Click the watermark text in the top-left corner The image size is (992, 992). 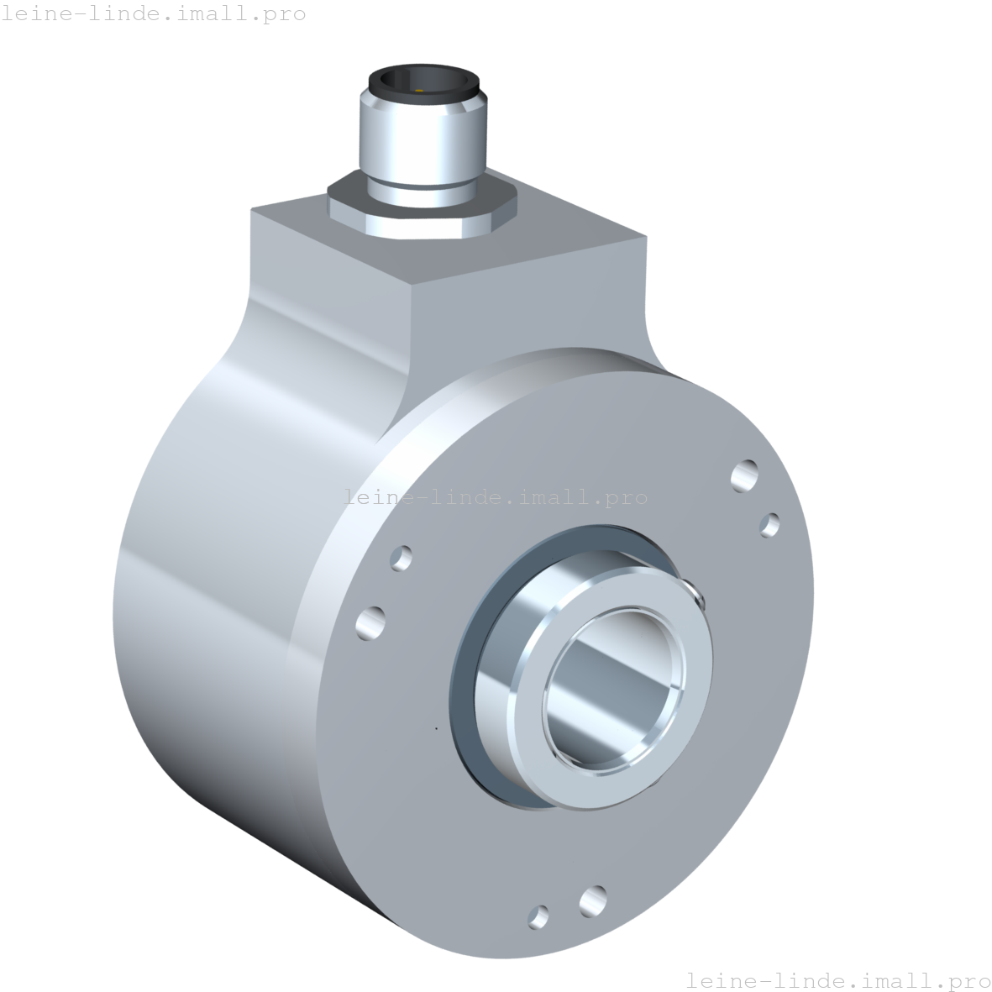pos(154,14)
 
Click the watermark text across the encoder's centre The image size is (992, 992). pos(496,497)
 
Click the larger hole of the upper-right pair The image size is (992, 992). pos(744,475)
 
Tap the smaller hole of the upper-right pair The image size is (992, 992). pos(769,526)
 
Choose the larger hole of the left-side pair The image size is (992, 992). pos(370,622)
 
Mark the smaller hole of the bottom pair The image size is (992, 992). pos(538,916)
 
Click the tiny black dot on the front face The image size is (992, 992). pos(436,727)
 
